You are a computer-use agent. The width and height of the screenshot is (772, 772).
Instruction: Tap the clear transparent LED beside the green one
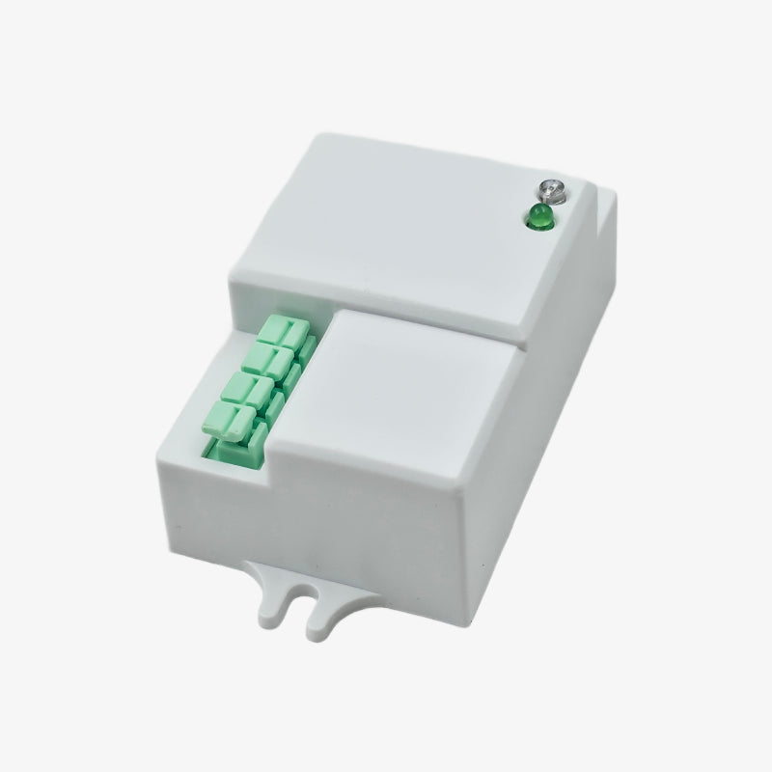551,187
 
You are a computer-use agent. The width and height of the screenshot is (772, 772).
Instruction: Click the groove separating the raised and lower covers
434,323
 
